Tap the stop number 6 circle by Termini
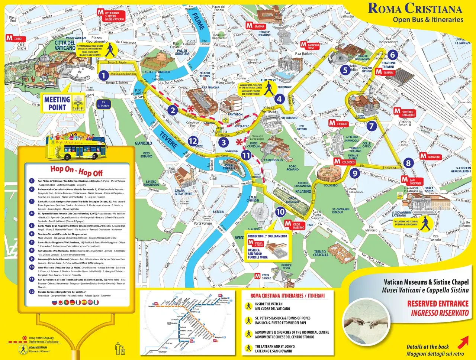(x=392, y=55)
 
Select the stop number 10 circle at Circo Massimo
(x=280, y=212)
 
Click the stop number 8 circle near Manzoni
(x=408, y=163)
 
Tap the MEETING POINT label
(x=57, y=104)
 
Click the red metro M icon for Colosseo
(x=337, y=161)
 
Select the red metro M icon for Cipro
(x=10, y=38)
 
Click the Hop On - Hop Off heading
(x=76, y=171)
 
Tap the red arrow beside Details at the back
(x=463, y=341)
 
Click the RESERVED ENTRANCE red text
(x=437, y=304)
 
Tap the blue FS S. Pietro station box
(x=103, y=104)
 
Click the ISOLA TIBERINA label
(x=229, y=166)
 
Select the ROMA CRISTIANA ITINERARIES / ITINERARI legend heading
(x=287, y=296)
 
